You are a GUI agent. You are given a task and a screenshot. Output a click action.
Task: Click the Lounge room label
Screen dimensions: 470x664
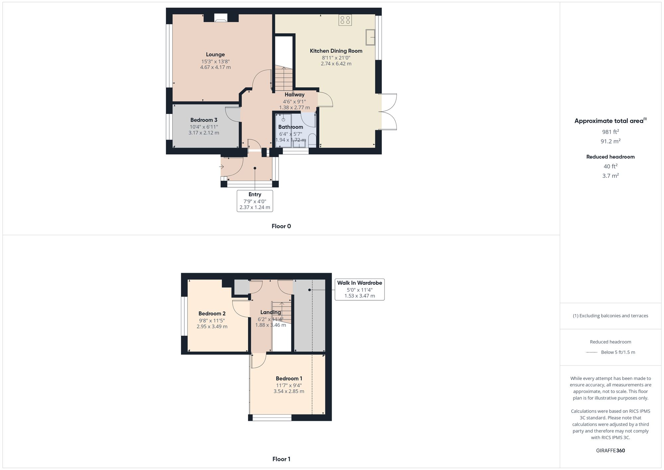point(215,54)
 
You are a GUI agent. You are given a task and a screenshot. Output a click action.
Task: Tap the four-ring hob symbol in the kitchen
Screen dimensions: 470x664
point(345,20)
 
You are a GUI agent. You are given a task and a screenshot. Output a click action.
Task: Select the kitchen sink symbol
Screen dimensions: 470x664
point(370,37)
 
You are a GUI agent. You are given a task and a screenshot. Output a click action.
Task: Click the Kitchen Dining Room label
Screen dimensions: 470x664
point(336,51)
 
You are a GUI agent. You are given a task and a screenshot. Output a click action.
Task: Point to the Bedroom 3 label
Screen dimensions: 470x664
point(204,120)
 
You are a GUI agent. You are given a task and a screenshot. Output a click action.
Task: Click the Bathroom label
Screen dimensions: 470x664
point(290,127)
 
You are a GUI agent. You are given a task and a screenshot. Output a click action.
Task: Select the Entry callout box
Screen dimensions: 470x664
point(255,201)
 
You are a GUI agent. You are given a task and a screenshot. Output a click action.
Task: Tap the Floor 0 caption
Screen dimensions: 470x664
point(281,226)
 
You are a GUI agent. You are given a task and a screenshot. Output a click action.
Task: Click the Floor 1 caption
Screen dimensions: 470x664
point(281,459)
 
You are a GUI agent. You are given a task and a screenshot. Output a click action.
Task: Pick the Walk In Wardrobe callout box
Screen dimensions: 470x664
point(360,289)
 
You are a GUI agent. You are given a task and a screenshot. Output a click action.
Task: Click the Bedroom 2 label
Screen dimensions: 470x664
point(212,314)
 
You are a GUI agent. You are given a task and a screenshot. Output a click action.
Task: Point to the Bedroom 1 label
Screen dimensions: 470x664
point(289,378)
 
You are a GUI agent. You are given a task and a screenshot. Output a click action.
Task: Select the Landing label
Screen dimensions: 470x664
point(270,312)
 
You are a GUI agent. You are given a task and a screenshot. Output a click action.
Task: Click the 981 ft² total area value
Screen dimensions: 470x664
point(610,132)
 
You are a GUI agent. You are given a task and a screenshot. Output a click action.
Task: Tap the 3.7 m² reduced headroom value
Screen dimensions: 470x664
point(610,176)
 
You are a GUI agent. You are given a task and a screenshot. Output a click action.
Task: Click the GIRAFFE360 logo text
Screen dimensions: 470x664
point(610,450)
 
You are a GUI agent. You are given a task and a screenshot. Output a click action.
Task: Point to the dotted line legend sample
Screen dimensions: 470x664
point(592,352)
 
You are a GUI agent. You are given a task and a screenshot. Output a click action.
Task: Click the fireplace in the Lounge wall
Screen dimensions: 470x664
point(221,18)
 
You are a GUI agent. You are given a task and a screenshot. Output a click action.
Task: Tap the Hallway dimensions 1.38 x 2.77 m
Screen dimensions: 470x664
point(294,108)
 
